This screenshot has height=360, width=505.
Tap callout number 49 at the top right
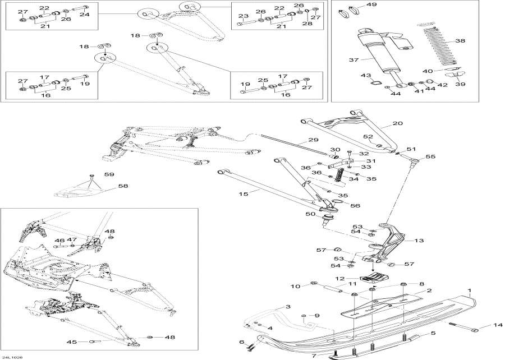coord(371,5)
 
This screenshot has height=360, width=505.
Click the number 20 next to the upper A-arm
coord(397,123)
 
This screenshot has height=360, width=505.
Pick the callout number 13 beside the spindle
coord(419,241)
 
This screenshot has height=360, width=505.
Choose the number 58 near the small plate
coord(122,186)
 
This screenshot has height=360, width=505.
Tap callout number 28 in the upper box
coord(308,24)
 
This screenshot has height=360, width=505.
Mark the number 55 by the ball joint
coord(431,156)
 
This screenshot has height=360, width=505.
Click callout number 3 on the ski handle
coord(287,307)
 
